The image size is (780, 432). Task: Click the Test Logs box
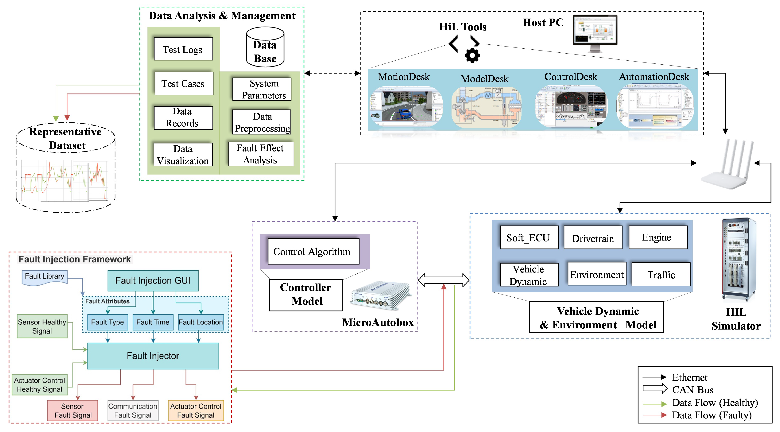pyautogui.click(x=183, y=49)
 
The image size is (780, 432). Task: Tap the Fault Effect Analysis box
pyautogui.click(x=261, y=154)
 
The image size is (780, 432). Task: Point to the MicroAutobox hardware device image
pyautogui.click(x=380, y=296)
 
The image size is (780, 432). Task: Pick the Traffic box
pyautogui.click(x=661, y=274)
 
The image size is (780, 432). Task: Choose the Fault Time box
pyautogui.click(x=153, y=322)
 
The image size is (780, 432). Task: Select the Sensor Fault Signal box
pyautogui.click(x=73, y=411)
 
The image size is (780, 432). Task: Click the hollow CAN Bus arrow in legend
pyautogui.click(x=655, y=389)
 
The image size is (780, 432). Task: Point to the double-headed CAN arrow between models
pyautogui.click(x=444, y=280)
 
